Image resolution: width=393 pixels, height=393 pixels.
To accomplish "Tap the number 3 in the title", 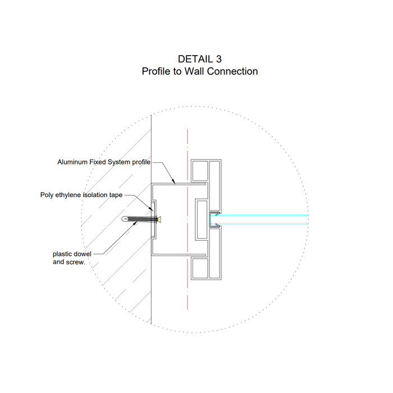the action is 219,59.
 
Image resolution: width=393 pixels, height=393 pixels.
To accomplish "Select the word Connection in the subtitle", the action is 232,71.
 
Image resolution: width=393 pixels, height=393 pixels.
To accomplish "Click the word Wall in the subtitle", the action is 194,71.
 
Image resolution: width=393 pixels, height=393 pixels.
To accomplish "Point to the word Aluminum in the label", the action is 72,162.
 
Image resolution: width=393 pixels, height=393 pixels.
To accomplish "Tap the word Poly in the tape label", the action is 47,195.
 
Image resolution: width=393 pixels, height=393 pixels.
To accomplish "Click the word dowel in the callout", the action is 83,254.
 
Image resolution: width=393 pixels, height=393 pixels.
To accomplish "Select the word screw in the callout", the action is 75,262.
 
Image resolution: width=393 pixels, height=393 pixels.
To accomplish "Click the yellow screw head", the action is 159,220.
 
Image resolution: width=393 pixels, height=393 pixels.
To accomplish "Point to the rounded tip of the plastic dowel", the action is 123,219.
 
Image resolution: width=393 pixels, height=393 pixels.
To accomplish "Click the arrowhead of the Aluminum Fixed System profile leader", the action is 173,181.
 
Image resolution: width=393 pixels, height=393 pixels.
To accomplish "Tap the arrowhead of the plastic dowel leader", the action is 136,223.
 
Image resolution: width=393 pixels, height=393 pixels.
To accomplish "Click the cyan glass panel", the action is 259,220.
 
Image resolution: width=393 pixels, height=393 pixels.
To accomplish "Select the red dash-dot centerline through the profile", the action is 187,220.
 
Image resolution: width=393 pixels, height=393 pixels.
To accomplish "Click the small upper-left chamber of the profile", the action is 200,171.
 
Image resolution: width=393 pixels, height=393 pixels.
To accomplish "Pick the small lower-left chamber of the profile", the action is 200,268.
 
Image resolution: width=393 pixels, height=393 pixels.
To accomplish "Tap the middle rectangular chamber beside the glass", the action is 202,220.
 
